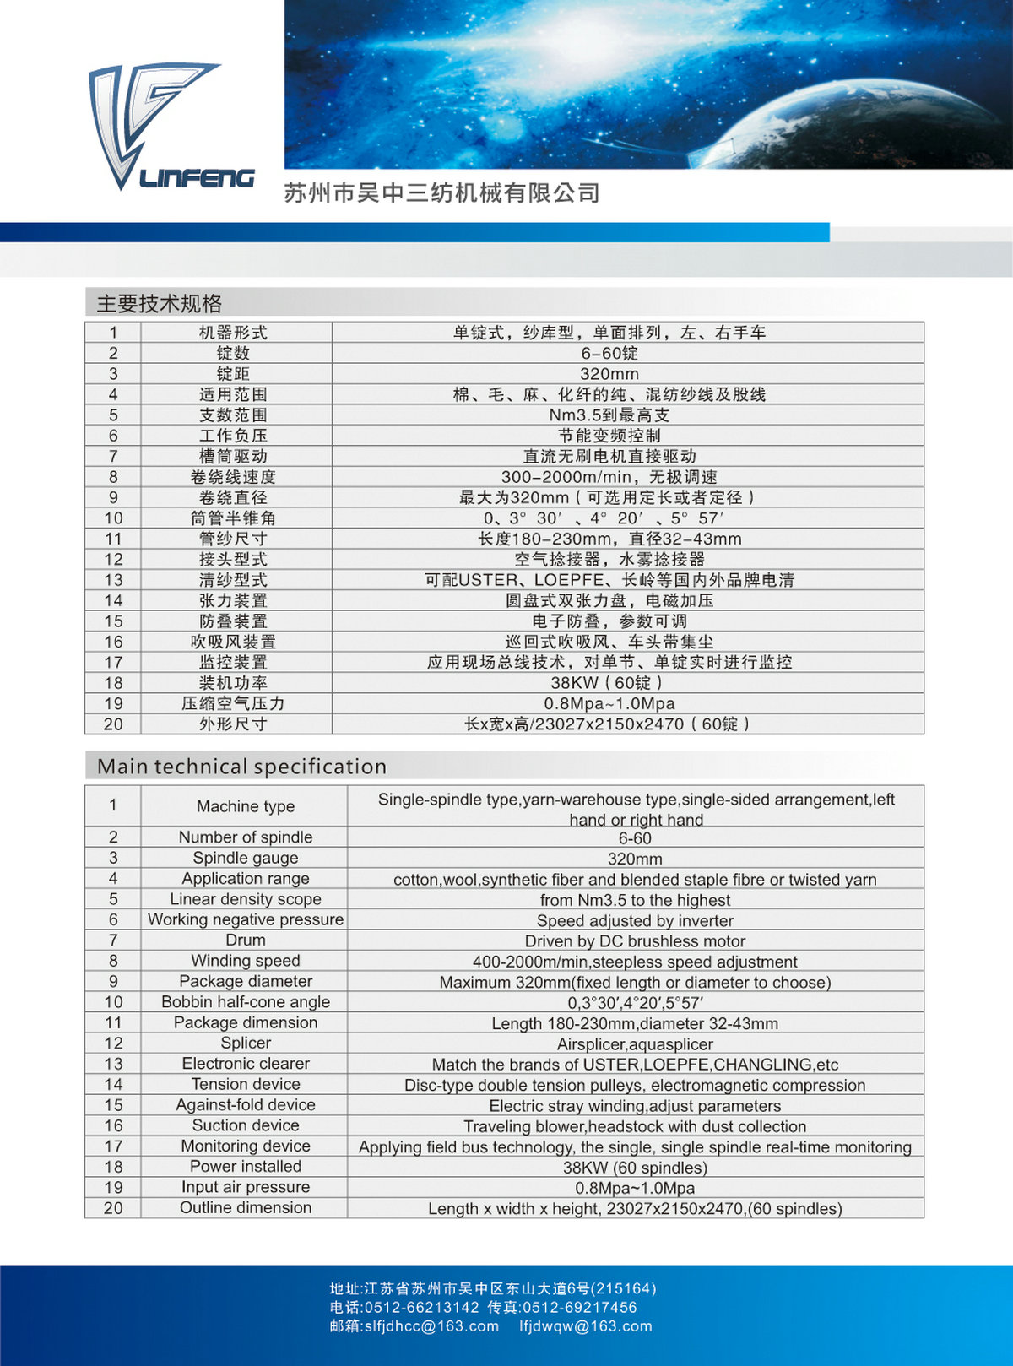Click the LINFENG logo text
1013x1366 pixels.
coord(197,177)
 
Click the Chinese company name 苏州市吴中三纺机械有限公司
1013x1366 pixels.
coord(441,193)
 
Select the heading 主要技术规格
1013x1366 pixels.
coord(160,303)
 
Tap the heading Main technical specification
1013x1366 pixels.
coord(242,767)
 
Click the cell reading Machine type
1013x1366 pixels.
coord(245,806)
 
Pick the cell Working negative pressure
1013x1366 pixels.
coord(245,919)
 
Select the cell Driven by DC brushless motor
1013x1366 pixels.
coord(635,940)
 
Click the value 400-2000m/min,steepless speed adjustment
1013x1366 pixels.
coord(635,962)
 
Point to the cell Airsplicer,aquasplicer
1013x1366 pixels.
coord(635,1043)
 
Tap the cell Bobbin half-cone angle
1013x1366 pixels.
coord(245,1002)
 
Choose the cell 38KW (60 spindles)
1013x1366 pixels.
coord(635,1168)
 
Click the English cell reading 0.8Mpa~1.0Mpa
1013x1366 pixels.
coord(635,1188)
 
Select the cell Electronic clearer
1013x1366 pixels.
coord(245,1064)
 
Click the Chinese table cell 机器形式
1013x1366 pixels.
coord(233,333)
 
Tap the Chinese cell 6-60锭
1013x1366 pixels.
coord(609,353)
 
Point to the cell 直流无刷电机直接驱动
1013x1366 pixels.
coord(609,456)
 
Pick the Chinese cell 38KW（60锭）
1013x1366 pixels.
coord(609,682)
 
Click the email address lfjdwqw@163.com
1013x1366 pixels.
coord(586,1326)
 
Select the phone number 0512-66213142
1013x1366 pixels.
coord(421,1308)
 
